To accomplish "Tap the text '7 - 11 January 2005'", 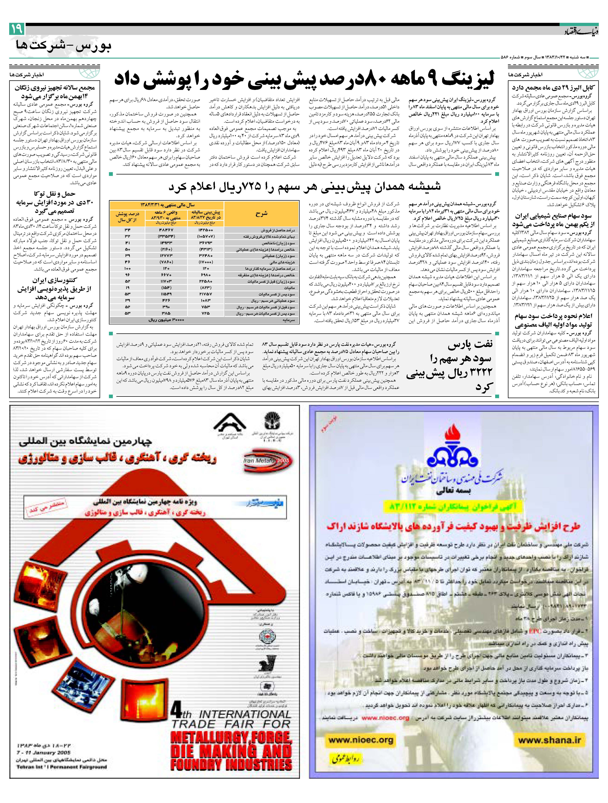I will [x=44, y=753].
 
